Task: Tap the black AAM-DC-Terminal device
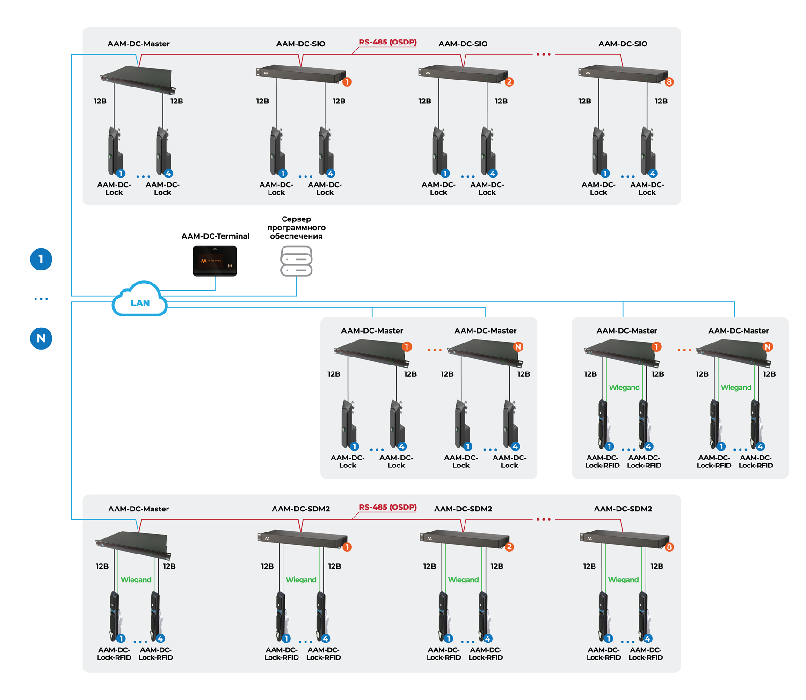pos(215,261)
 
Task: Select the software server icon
pos(296,261)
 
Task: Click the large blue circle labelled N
pos(41,338)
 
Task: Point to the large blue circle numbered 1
pos(41,259)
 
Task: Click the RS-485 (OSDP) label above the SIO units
pos(387,42)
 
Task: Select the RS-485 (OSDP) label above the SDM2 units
pos(387,507)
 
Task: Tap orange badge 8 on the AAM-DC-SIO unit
pos(669,82)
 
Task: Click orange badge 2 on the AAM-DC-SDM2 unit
pos(509,547)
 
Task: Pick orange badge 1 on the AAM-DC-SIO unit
pos(347,82)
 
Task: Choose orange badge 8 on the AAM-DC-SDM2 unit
pos(669,547)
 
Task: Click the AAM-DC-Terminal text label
pos(215,236)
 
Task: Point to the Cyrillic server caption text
pos(296,227)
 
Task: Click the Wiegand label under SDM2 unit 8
pos(623,580)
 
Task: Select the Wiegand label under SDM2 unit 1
pos(301,580)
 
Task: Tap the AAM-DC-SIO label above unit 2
pos(463,44)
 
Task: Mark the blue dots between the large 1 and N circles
pos(41,299)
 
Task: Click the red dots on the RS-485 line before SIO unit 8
pos(543,55)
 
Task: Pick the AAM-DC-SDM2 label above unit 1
pos(301,509)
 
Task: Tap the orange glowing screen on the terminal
pos(211,261)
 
